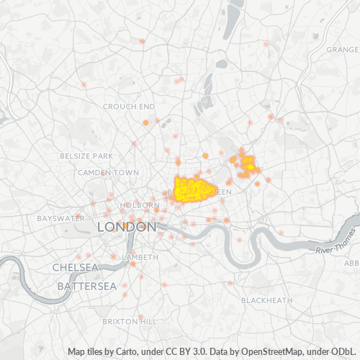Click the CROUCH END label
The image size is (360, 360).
coord(129,106)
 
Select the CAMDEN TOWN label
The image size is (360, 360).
coord(108,173)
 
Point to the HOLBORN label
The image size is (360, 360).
coord(140,205)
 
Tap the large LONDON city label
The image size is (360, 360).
coord(127,227)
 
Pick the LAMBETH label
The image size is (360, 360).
coord(140,257)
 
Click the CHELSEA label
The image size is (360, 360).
coord(75,267)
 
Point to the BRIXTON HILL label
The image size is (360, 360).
coord(130,320)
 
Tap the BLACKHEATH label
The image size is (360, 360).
coord(266,300)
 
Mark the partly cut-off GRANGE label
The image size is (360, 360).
coord(342,50)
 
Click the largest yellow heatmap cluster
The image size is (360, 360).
coord(193,189)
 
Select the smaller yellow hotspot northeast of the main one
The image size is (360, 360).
coord(248,165)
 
